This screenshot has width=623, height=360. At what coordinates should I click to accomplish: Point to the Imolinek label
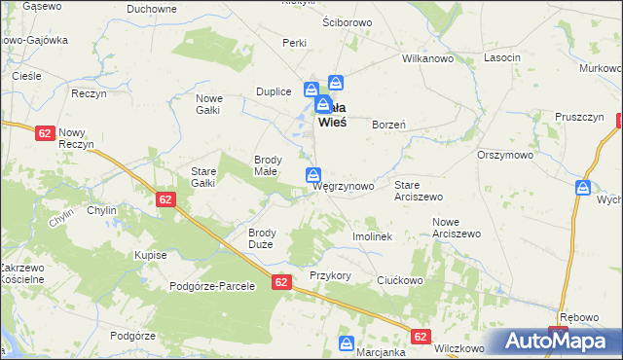(x=372, y=236)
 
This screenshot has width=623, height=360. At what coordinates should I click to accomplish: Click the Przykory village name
(x=330, y=275)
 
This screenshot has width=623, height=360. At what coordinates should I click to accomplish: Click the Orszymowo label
(x=505, y=155)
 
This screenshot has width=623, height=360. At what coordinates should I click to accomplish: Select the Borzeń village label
(x=388, y=125)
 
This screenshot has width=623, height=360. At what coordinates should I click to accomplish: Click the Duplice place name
(x=274, y=91)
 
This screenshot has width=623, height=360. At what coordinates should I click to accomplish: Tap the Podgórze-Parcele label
(x=212, y=286)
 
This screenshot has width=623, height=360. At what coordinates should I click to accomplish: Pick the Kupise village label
(x=151, y=255)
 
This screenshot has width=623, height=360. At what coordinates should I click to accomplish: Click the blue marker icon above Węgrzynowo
(x=313, y=175)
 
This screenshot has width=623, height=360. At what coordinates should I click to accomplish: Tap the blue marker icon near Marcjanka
(x=346, y=343)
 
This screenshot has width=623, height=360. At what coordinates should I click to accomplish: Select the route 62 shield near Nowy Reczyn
(x=44, y=133)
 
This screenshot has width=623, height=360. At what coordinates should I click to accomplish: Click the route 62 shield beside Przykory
(x=281, y=282)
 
